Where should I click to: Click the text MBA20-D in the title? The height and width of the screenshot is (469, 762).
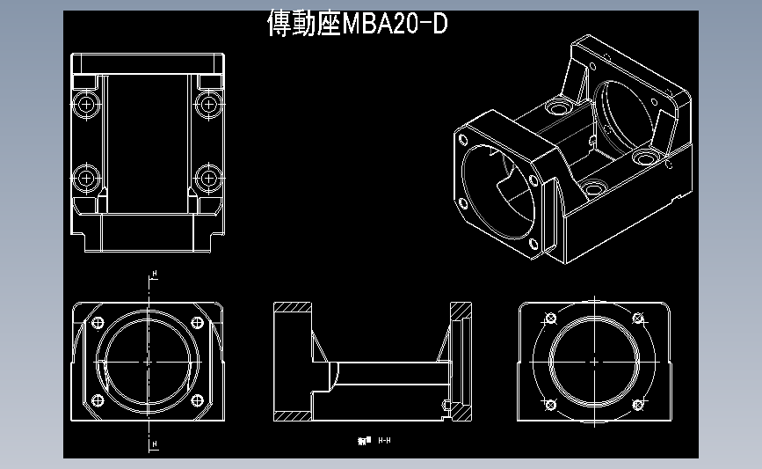pos(394,25)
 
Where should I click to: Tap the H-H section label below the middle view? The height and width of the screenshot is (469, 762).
pos(384,439)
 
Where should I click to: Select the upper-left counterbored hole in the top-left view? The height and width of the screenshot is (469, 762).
pos(86,105)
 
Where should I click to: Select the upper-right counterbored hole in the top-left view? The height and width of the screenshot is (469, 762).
pos(208,105)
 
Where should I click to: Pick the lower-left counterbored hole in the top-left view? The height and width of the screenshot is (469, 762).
pos(86,176)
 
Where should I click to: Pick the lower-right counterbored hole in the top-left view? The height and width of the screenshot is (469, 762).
pos(208,176)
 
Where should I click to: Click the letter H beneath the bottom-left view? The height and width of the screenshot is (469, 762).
pos(155,445)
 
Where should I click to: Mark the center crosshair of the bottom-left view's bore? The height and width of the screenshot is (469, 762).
pos(147,361)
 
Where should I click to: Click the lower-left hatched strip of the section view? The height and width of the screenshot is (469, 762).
pos(292,414)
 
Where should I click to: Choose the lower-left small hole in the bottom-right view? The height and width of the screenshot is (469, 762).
pos(551,404)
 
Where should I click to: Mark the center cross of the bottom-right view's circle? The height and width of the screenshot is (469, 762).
pos(595,362)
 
